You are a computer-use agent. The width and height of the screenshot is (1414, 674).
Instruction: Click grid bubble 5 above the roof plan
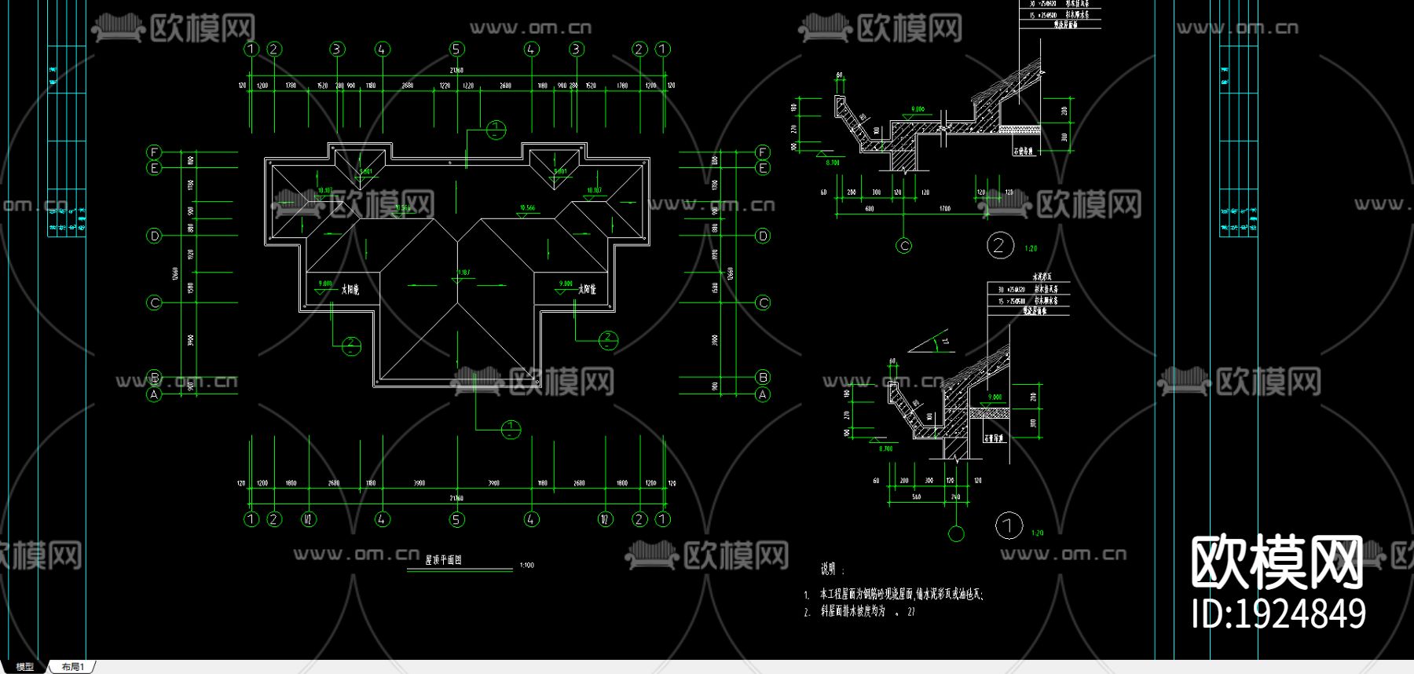pyautogui.click(x=456, y=49)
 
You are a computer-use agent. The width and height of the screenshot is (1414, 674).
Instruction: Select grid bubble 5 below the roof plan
pyautogui.click(x=456, y=519)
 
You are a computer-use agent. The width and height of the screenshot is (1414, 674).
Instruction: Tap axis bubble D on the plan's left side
pyautogui.click(x=154, y=236)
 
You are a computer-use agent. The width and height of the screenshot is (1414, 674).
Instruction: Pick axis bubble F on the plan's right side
pyautogui.click(x=762, y=152)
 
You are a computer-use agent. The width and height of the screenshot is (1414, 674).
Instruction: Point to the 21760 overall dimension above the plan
pyautogui.click(x=456, y=71)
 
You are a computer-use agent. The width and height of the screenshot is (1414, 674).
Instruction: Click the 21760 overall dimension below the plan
pyautogui.click(x=456, y=498)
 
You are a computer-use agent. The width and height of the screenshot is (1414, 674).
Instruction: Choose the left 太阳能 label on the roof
pyautogui.click(x=350, y=290)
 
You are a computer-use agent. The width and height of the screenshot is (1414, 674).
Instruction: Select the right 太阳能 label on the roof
pyautogui.click(x=587, y=290)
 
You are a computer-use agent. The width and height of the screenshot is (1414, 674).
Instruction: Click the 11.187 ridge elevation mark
pyautogui.click(x=463, y=273)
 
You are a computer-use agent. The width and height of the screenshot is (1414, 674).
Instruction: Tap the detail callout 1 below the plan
pyautogui.click(x=511, y=430)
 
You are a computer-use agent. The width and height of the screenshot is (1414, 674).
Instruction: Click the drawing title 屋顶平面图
pyautogui.click(x=444, y=560)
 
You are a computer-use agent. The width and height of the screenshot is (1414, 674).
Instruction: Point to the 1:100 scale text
pyautogui.click(x=526, y=565)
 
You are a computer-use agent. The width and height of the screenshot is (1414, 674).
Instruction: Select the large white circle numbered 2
pyautogui.click(x=1000, y=246)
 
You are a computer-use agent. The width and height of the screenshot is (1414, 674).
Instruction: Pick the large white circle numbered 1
pyautogui.click(x=1009, y=526)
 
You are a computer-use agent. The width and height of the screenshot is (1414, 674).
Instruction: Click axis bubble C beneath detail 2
pyautogui.click(x=904, y=246)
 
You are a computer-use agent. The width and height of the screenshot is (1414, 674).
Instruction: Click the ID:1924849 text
pyautogui.click(x=1278, y=614)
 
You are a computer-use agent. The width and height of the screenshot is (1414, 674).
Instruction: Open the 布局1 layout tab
pyautogui.click(x=72, y=667)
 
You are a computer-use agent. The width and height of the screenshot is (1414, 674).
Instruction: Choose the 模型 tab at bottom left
pyautogui.click(x=25, y=667)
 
